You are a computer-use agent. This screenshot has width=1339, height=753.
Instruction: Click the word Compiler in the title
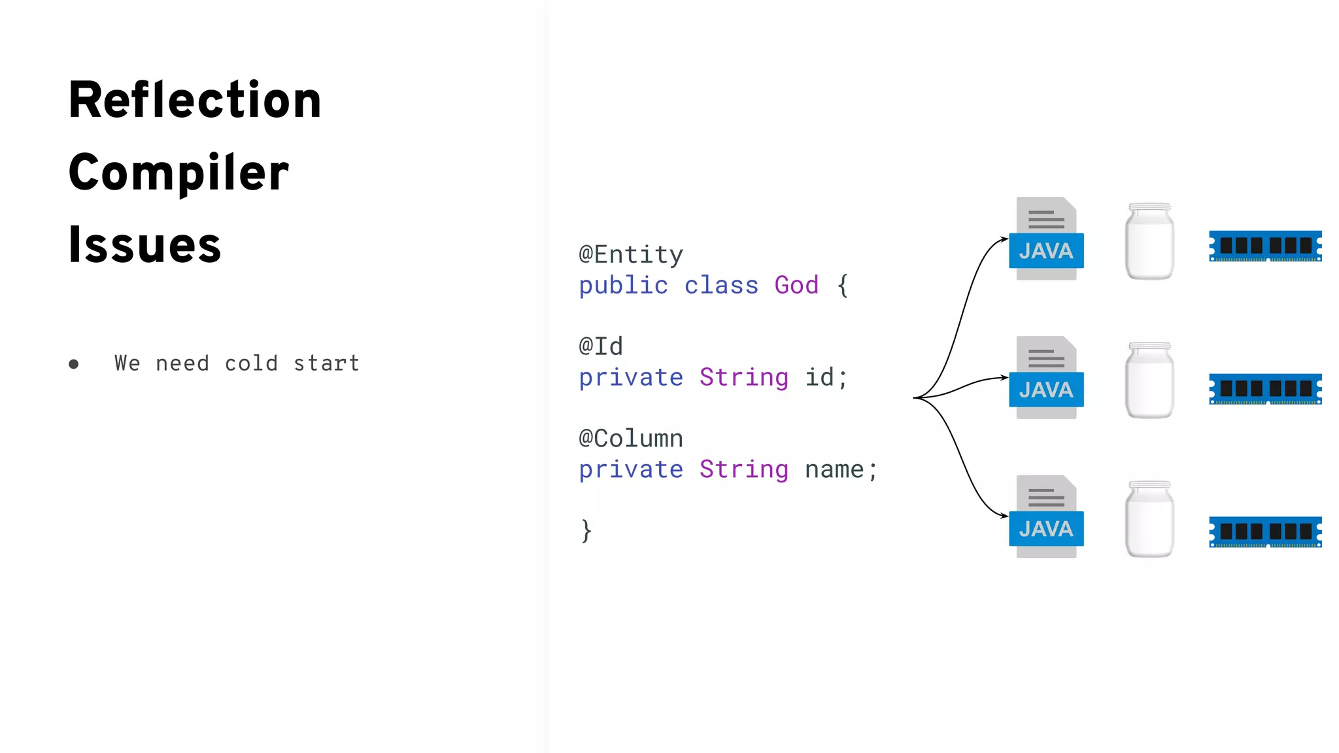pos(178,173)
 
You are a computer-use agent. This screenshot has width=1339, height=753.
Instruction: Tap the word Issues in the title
pos(144,244)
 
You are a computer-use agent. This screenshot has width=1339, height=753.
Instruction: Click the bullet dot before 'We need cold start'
pos(74,364)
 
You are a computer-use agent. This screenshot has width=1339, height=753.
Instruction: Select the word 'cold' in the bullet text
pos(251,363)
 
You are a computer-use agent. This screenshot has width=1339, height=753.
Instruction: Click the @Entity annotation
pos(631,254)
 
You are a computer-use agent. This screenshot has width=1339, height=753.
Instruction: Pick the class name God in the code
pos(796,285)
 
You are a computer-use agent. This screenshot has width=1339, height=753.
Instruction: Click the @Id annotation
pos(601,346)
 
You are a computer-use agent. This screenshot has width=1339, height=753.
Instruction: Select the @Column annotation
pos(631,439)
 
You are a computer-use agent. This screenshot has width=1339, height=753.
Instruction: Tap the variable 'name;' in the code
pos(841,469)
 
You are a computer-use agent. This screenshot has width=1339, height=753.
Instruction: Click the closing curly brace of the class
pos(586,530)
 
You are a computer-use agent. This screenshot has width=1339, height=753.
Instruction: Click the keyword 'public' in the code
pos(623,285)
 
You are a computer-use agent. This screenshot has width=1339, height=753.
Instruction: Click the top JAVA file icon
pos(1046,239)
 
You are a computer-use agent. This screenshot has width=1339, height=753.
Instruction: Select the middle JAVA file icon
pos(1046,378)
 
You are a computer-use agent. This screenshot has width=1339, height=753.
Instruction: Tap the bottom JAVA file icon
pos(1046,517)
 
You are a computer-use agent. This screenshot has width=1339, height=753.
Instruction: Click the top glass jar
pos(1149,241)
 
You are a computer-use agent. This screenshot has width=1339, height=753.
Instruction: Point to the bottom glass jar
pos(1149,520)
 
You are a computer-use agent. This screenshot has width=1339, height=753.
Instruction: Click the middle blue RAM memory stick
pos(1265,389)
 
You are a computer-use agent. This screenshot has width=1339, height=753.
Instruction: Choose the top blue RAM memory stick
pos(1265,246)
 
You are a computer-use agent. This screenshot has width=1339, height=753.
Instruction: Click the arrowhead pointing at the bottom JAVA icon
pos(1004,516)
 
